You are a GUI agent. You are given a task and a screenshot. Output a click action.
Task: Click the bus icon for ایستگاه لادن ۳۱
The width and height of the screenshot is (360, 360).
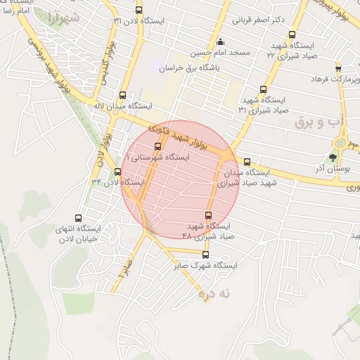[139, 10]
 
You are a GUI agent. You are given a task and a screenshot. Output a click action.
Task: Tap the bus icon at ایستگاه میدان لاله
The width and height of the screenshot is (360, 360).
[123, 94]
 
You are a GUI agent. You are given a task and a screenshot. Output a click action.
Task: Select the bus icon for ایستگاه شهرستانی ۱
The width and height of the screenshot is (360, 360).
[157, 147]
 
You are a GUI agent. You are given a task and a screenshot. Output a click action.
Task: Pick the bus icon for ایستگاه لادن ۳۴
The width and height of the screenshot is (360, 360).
[117, 172]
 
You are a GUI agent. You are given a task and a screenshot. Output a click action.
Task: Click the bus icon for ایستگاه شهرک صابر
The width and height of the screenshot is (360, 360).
[205, 255]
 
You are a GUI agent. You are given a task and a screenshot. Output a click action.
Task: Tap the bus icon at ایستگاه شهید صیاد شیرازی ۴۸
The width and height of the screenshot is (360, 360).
[208, 215]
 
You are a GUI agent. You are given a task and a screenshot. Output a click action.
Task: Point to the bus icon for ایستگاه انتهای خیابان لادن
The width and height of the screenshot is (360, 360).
[77, 218]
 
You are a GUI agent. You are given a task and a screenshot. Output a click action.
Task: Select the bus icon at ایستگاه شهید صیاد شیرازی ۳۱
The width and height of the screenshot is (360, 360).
[264, 89]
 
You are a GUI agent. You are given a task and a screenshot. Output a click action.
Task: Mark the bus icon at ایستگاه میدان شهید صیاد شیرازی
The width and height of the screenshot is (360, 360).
[246, 162]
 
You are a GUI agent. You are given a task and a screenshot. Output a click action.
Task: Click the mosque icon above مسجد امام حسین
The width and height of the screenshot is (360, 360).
[221, 41]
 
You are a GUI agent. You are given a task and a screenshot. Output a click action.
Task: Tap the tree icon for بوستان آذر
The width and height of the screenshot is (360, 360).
[333, 157]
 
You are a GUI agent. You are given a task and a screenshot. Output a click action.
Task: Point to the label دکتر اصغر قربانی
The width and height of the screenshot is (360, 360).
[259, 20]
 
